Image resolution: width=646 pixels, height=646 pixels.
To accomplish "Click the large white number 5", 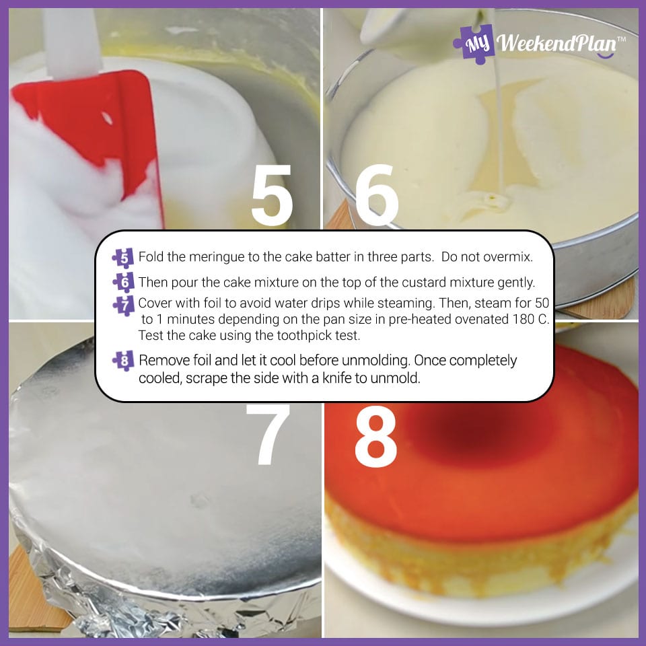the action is coord(272,196).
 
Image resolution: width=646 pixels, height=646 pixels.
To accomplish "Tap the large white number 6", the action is coord(377,195).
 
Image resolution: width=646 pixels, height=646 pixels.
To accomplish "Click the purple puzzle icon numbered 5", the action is coord(123,258).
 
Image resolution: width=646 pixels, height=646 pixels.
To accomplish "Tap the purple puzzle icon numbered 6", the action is coord(124,283).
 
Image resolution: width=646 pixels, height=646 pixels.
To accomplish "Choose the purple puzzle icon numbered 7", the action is coord(124,306).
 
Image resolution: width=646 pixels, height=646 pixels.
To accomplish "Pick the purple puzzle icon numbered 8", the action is coord(123,361).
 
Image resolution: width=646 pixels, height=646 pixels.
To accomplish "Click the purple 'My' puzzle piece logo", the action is coord(474,44).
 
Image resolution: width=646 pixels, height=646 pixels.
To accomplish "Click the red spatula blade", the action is coord(89,124).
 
